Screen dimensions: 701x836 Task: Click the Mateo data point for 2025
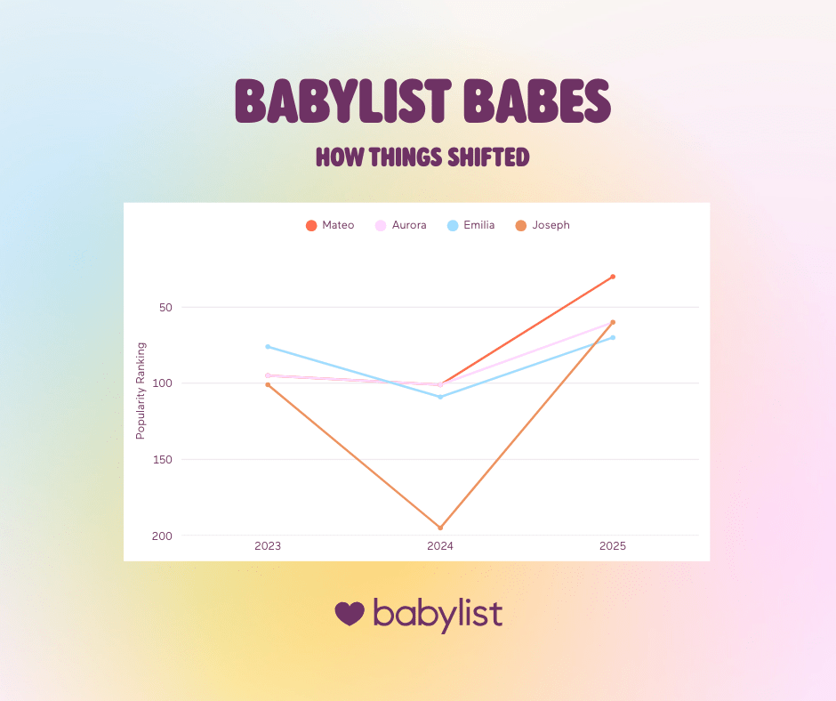pyautogui.click(x=613, y=277)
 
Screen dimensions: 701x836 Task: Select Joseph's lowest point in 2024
pyautogui.click(x=440, y=528)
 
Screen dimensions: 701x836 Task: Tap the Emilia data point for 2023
pyautogui.click(x=268, y=346)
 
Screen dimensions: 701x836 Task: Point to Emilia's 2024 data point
pyautogui.click(x=440, y=397)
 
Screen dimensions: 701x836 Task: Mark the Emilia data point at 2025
pyautogui.click(x=613, y=337)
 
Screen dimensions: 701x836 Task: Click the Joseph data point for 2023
pyautogui.click(x=268, y=384)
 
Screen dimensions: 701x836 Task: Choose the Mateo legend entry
pyautogui.click(x=330, y=225)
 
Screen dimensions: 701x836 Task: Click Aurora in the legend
pyautogui.click(x=401, y=225)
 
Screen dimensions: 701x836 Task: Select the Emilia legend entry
pyautogui.click(x=471, y=225)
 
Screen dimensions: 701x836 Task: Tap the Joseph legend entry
pyautogui.click(x=543, y=225)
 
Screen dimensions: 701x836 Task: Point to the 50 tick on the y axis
pyautogui.click(x=164, y=308)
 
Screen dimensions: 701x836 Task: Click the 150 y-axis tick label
pyautogui.click(x=161, y=460)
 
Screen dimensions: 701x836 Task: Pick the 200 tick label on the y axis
pyautogui.click(x=161, y=536)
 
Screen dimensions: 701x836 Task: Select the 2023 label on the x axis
pyautogui.click(x=268, y=546)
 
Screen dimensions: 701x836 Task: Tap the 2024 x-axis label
pyautogui.click(x=440, y=546)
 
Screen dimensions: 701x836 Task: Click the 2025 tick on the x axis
pyautogui.click(x=613, y=546)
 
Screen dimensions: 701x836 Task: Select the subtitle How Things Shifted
pyautogui.click(x=422, y=158)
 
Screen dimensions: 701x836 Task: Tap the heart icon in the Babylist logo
pyautogui.click(x=350, y=613)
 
